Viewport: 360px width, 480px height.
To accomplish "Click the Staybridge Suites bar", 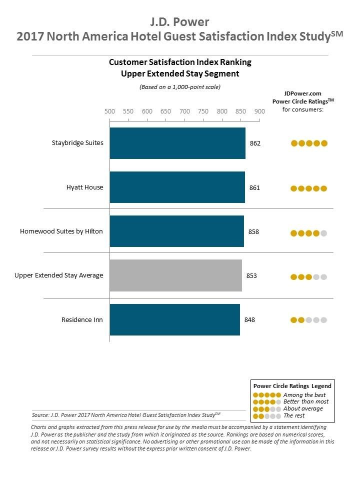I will (x=177, y=143).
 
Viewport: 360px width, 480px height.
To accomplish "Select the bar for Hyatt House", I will (x=177, y=187).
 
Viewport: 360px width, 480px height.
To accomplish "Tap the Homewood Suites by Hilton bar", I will (x=176, y=231).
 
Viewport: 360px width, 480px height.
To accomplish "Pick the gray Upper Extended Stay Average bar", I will (x=175, y=275).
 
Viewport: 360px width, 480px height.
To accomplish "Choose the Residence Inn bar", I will (x=174, y=319).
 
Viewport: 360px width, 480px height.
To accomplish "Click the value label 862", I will (x=255, y=143).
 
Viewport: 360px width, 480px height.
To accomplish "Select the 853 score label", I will (x=251, y=275).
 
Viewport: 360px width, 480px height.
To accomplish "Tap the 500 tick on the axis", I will (x=109, y=111).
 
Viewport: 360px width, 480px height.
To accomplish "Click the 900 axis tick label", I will (x=259, y=111).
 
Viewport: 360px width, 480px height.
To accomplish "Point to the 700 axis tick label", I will (x=184, y=111).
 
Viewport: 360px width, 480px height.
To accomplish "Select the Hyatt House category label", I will (x=84, y=187).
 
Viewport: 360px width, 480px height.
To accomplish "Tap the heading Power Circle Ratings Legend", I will (x=292, y=386).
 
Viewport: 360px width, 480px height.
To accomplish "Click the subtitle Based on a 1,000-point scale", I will (x=179, y=87).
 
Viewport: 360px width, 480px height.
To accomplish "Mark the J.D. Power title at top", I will (x=179, y=21).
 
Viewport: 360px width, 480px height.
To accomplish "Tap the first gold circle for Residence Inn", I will (x=294, y=320).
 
